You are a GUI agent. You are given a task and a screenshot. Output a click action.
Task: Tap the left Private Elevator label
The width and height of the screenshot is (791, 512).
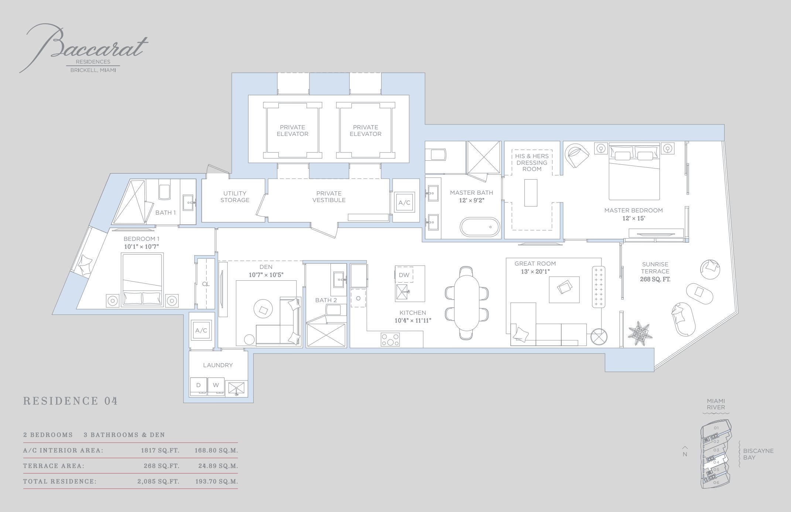click(x=292, y=130)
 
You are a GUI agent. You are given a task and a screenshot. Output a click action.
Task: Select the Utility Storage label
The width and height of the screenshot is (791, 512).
click(x=235, y=197)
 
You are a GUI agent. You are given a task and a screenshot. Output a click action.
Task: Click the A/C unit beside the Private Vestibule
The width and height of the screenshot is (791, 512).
click(x=404, y=202)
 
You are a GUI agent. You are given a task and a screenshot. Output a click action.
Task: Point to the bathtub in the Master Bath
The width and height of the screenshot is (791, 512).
click(x=479, y=226)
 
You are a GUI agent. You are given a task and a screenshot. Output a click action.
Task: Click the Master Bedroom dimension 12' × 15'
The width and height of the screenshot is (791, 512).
click(x=634, y=218)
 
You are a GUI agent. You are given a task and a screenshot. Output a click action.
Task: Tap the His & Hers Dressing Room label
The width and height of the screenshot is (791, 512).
click(x=532, y=163)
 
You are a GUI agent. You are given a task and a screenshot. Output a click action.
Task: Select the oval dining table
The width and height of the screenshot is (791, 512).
click(x=467, y=303)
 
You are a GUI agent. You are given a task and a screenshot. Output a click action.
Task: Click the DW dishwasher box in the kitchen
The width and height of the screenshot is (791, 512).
click(x=404, y=275)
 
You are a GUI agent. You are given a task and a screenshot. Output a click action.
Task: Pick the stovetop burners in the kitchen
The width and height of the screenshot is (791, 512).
click(x=390, y=339)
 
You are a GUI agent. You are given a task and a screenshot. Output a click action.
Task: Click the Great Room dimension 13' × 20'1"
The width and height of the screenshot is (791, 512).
click(x=535, y=272)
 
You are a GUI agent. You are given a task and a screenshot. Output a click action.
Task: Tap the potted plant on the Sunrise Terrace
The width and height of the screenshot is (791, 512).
click(x=640, y=333)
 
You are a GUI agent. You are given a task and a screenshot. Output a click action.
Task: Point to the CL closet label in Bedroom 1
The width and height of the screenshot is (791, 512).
click(x=206, y=284)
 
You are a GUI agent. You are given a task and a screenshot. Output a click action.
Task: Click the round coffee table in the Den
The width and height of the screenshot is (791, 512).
click(x=263, y=309)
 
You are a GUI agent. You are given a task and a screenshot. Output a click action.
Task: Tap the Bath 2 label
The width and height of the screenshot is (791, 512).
click(x=326, y=300)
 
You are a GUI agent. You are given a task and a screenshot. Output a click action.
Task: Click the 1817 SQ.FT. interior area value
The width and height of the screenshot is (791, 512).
click(x=160, y=450)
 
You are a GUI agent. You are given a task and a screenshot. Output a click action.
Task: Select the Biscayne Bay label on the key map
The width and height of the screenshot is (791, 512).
click(x=758, y=454)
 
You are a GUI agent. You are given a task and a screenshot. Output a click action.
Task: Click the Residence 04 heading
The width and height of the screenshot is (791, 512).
click(x=71, y=401)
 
